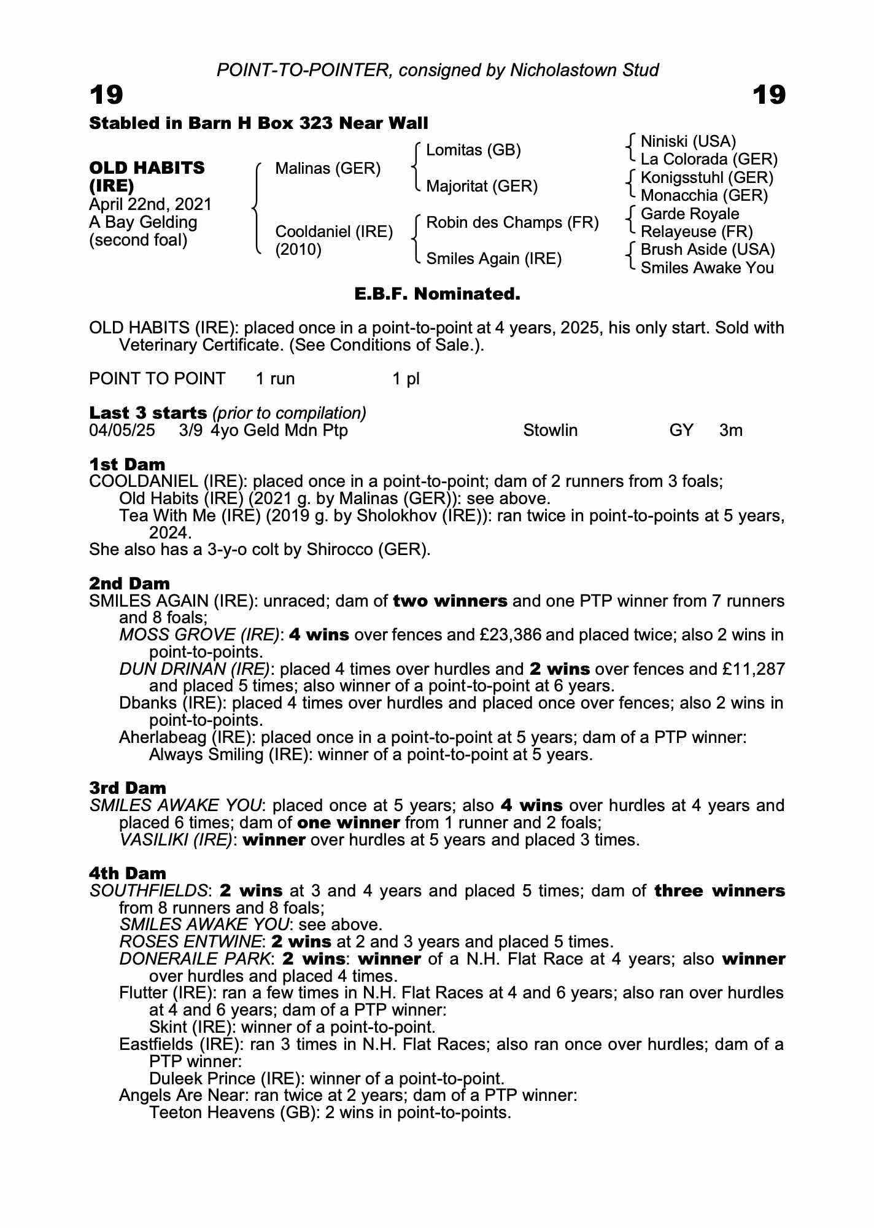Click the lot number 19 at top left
106,95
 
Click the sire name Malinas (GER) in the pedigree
328,168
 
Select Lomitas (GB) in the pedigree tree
473,150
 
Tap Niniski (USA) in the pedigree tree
688,142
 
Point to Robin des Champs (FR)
512,222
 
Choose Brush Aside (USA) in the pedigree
708,249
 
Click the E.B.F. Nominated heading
437,294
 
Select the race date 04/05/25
122,430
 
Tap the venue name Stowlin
550,430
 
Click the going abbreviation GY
681,430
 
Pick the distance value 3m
730,430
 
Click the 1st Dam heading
127,464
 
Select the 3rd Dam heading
128,788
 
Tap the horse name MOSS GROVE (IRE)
199,635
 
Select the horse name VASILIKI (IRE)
176,840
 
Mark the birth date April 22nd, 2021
150,204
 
